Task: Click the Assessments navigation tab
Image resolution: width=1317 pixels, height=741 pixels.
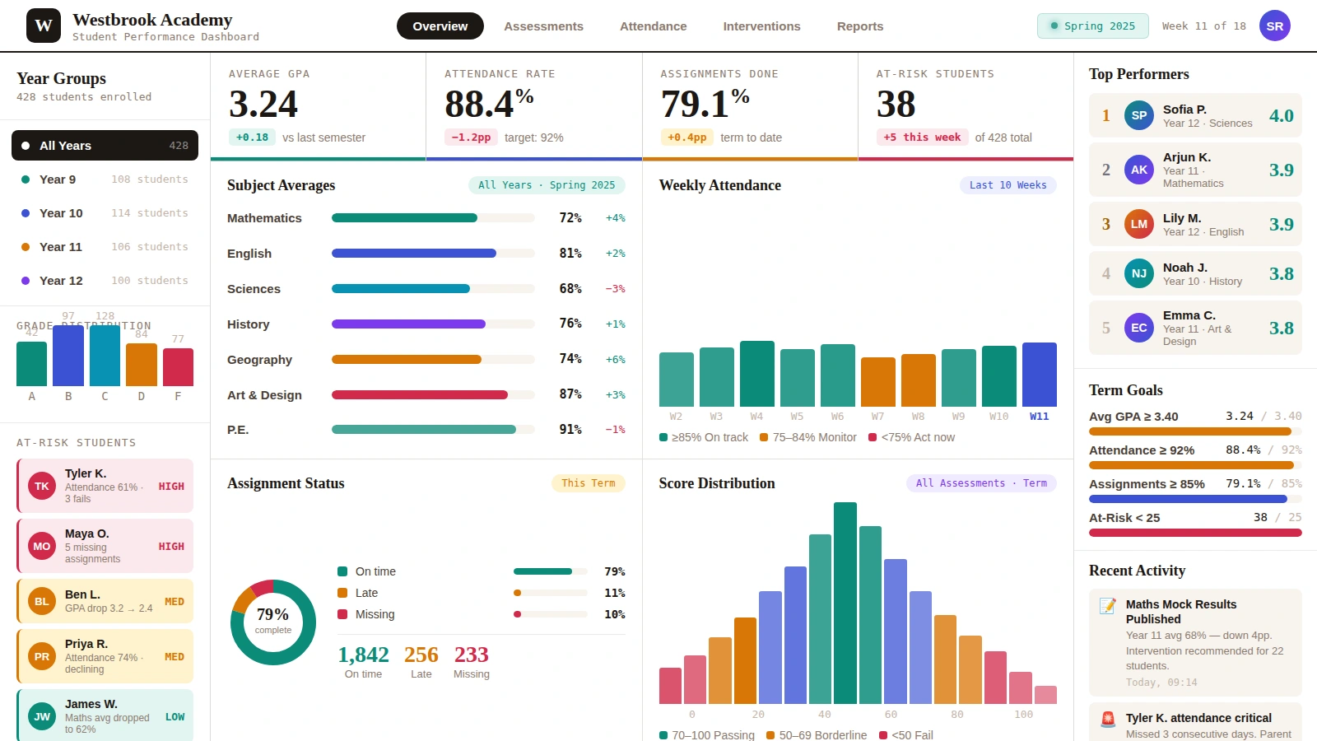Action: [x=543, y=26]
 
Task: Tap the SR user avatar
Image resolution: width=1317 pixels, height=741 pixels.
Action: [x=1274, y=26]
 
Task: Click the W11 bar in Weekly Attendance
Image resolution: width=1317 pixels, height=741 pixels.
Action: [x=1039, y=375]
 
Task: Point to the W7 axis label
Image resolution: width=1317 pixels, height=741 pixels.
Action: [x=877, y=417]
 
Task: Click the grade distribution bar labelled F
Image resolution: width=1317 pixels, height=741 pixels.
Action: [x=178, y=367]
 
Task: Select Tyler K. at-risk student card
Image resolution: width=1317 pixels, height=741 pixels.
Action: [x=105, y=486]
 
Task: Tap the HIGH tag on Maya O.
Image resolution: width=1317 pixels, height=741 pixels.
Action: [x=171, y=547]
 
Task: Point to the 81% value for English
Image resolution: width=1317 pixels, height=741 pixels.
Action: [x=570, y=254]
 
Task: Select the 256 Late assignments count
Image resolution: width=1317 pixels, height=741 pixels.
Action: [x=421, y=655]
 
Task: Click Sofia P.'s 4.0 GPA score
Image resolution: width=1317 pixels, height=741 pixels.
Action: [x=1281, y=116]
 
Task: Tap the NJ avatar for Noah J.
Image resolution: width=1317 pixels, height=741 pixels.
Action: [x=1138, y=273]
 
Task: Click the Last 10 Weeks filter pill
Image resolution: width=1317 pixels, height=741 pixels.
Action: [x=1008, y=185]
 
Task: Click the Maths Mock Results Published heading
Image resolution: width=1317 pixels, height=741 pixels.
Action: [x=1180, y=612]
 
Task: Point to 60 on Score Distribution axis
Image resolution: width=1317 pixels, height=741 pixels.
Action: [x=891, y=715]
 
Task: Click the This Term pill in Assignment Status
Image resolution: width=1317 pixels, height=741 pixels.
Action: [x=588, y=483]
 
